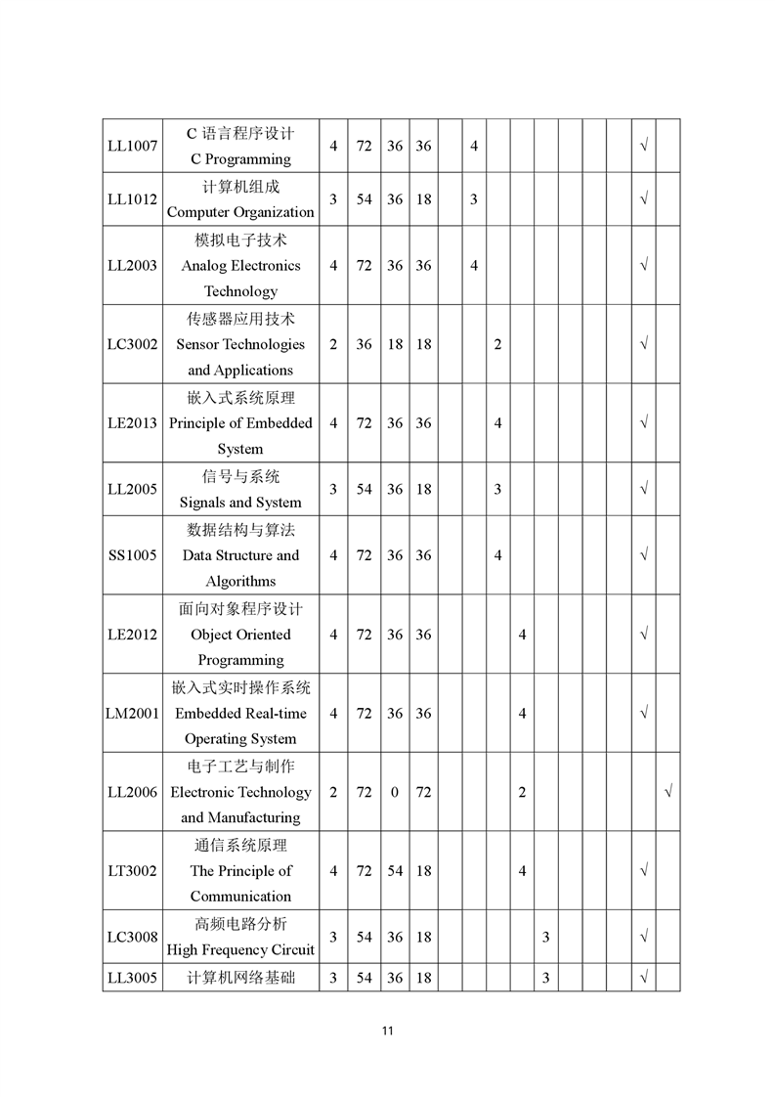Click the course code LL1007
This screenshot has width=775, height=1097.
coord(132,146)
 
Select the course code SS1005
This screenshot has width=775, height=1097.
coord(132,555)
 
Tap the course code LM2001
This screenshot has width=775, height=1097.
coord(132,714)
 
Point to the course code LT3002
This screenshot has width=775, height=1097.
coord(132,871)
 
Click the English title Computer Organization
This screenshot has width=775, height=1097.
coord(240,212)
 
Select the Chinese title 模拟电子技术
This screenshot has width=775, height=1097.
coord(240,240)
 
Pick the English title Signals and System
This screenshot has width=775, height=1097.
coord(240,503)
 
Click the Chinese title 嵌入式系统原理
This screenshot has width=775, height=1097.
coord(240,398)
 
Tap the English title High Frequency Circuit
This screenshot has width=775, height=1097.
coord(240,949)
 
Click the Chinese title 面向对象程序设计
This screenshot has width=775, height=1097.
coord(240,608)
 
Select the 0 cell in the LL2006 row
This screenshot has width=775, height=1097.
coord(394,792)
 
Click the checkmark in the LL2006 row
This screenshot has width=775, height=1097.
coord(668,792)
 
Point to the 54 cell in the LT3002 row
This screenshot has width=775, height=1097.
coord(394,871)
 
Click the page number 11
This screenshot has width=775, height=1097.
coord(388,1031)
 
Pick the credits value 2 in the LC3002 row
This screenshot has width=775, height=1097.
coord(333,344)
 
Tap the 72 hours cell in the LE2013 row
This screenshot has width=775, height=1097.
coord(364,423)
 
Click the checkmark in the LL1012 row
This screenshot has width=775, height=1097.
coord(644,199)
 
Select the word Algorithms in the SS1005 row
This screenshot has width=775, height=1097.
coord(240,582)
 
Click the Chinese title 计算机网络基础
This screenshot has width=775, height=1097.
coord(240,977)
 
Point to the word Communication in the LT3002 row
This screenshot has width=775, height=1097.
coord(240,897)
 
